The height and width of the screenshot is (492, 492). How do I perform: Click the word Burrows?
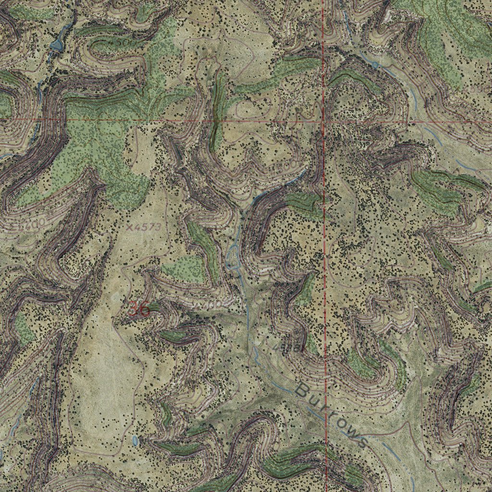pyautogui.click(x=331, y=415)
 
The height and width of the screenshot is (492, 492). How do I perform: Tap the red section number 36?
pyautogui.click(x=139, y=309)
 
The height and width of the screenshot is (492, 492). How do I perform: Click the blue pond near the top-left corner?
pyautogui.click(x=57, y=46)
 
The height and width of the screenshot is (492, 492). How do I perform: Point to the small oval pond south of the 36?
pyautogui.click(x=135, y=440)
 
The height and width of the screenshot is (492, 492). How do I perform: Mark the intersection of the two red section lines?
pyautogui.click(x=324, y=121)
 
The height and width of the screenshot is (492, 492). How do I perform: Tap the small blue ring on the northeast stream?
pyautogui.click(x=375, y=64)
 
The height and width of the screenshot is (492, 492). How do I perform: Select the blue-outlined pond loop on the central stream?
pyautogui.click(x=234, y=252)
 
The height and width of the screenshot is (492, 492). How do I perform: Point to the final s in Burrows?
pyautogui.click(x=361, y=442)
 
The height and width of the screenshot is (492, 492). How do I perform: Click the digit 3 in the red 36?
pyautogui.click(x=133, y=309)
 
